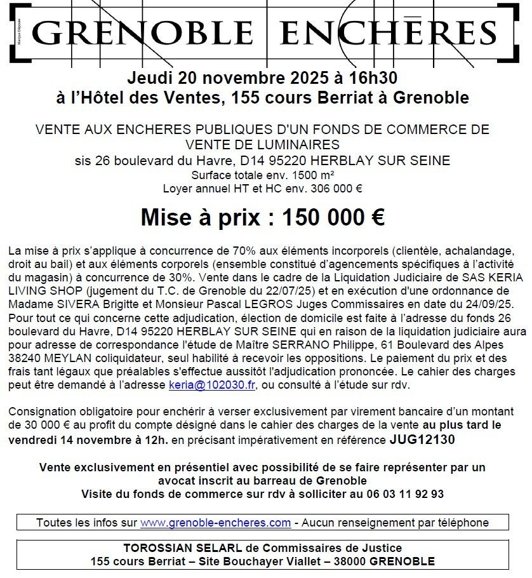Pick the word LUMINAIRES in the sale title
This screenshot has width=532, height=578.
[296, 144]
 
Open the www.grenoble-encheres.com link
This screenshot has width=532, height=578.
[215, 523]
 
